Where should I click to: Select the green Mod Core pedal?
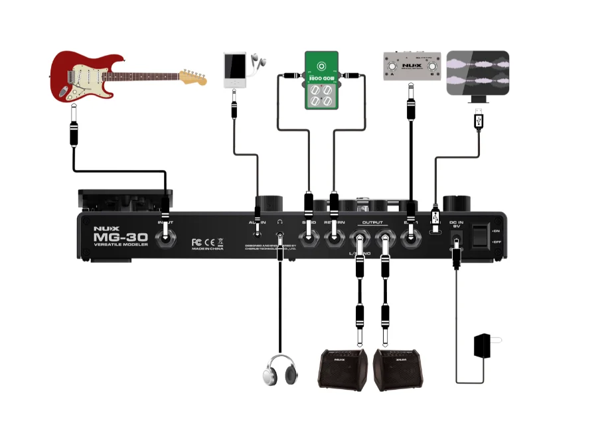click(321, 80)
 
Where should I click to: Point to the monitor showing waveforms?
click(477, 73)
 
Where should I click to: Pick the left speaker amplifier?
click(341, 369)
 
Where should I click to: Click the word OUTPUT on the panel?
click(372, 222)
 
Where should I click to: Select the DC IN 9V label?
click(457, 224)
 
